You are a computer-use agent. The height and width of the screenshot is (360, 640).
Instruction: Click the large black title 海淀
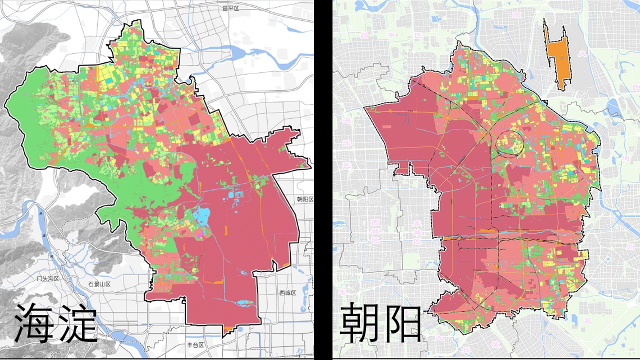(x=55, y=323)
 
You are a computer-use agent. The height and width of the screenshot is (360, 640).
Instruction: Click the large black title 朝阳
(x=380, y=322)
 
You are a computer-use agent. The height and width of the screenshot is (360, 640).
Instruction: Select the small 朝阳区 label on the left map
(x=304, y=199)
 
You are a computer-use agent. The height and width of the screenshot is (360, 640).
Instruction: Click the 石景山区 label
(x=98, y=284)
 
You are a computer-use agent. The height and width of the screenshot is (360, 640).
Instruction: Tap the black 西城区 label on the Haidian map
(x=287, y=292)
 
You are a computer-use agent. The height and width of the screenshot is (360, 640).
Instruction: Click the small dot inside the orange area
(x=562, y=58)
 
